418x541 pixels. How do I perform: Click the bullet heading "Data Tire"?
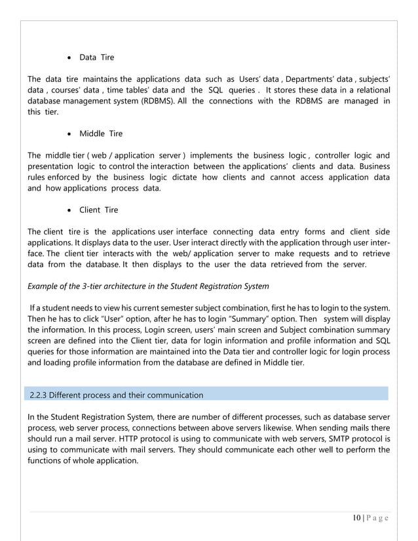point(96,58)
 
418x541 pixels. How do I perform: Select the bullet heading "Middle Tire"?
point(101,134)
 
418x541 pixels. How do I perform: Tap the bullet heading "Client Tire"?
point(99,210)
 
